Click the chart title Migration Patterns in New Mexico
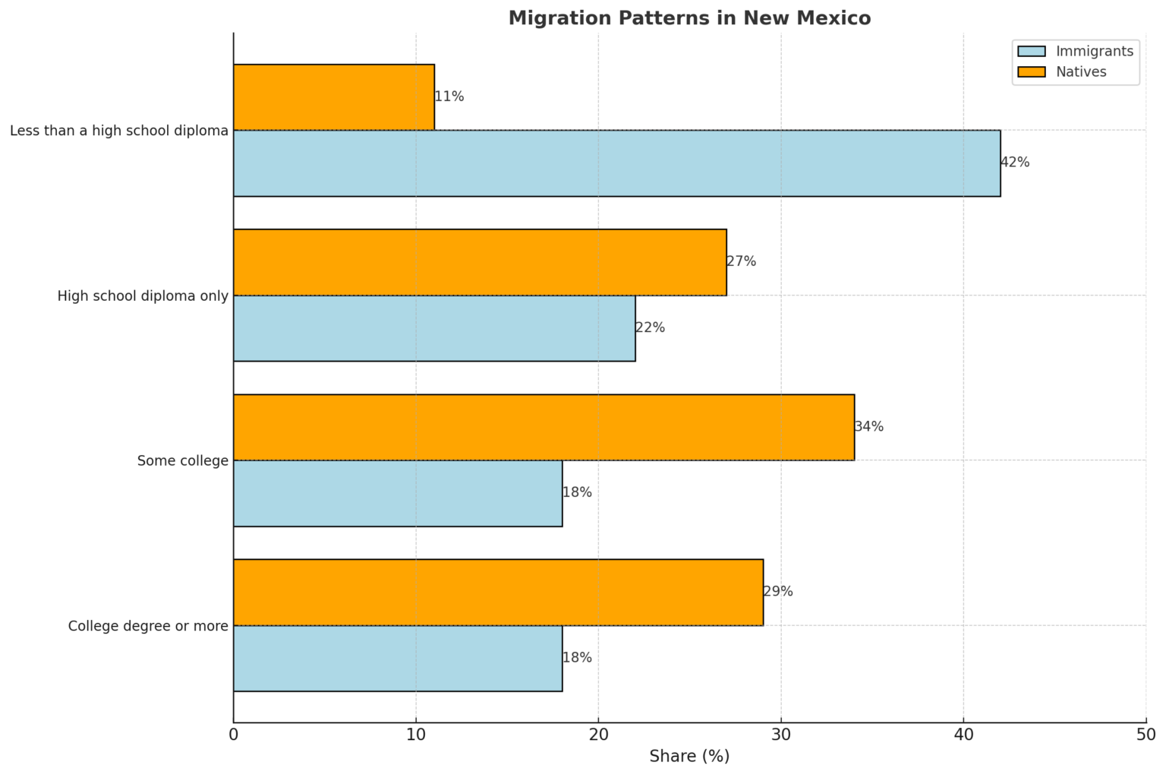coord(689,18)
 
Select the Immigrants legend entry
coord(1094,51)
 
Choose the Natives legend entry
coord(1081,72)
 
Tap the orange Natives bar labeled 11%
coord(334,97)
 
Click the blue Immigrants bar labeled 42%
coord(616,163)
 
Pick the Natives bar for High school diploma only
coord(480,262)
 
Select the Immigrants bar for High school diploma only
coord(434,328)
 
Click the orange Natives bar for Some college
coord(544,427)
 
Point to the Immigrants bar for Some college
coord(398,493)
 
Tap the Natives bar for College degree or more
coord(498,593)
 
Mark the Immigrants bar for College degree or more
coord(398,659)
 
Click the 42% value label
coord(1015,163)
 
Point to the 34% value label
coord(869,427)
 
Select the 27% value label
coord(742,262)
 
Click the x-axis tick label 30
coord(781,735)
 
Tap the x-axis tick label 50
coord(1146,735)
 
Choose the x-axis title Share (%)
coord(689,757)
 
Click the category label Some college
coord(182,461)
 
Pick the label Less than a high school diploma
coord(119,131)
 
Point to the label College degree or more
coord(148,627)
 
